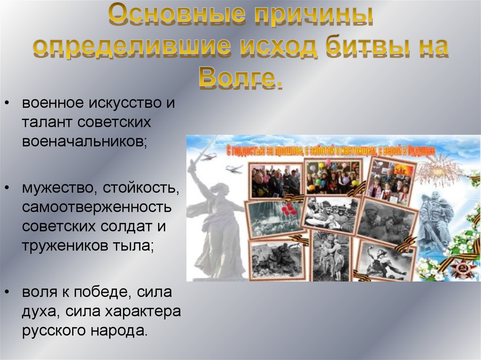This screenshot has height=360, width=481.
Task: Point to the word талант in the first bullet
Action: [x=47, y=122]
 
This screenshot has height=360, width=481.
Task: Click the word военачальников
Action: [x=84, y=141]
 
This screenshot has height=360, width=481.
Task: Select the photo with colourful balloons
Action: [x=333, y=176]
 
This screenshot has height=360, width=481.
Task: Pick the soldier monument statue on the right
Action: [x=434, y=221]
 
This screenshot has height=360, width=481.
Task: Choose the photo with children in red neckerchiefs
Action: [x=390, y=180]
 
